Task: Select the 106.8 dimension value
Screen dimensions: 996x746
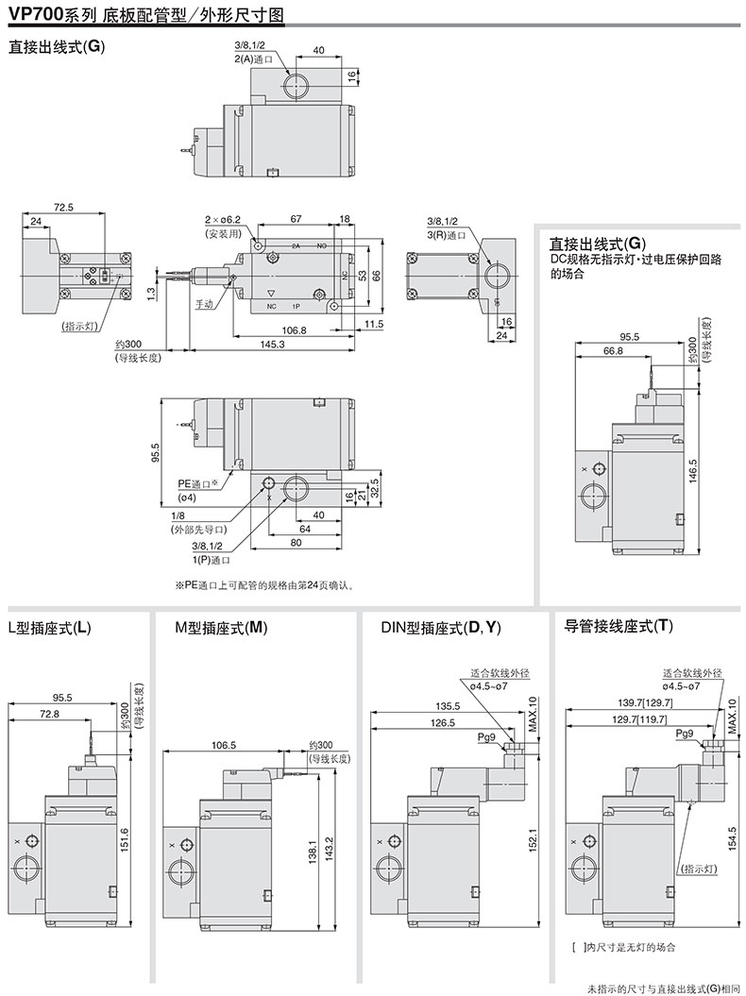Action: (295, 329)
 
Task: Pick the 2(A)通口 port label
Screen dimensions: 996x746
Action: (252, 59)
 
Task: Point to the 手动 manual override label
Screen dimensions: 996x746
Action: (205, 304)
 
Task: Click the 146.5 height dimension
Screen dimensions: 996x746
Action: (692, 468)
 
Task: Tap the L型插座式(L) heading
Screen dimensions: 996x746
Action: (49, 627)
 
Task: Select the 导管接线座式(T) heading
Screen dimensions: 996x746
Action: (619, 626)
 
